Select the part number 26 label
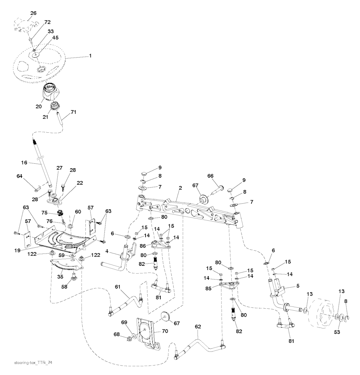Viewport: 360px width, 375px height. pos(33,13)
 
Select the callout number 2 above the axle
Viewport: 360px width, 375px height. pos(180,189)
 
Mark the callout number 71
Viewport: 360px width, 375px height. pos(73,112)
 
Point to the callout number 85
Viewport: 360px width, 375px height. pos(209,288)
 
